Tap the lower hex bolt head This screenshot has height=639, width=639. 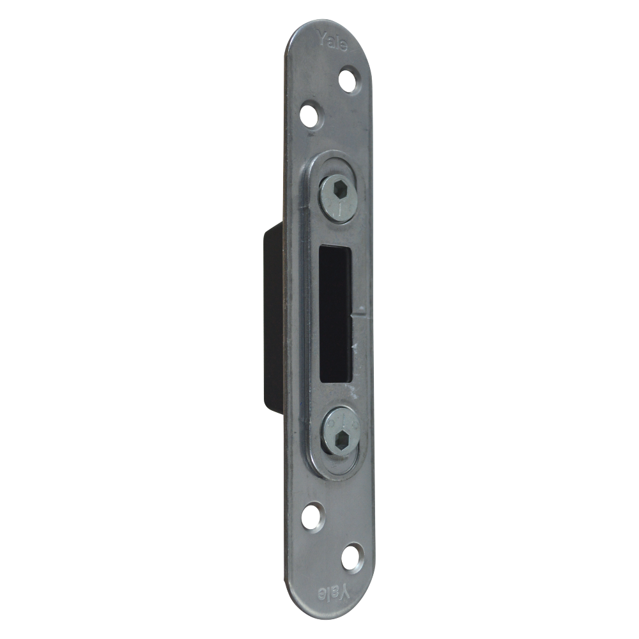(x=339, y=433)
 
